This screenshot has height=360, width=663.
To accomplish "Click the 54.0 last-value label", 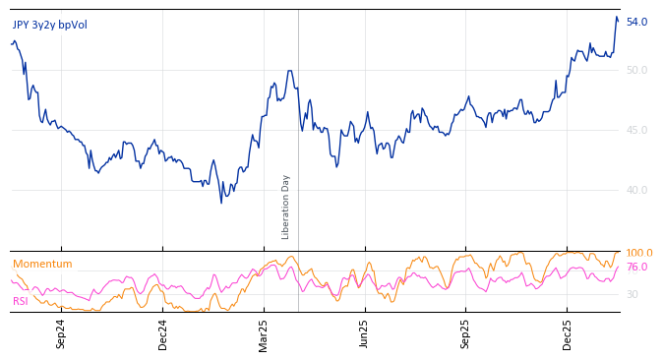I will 636,22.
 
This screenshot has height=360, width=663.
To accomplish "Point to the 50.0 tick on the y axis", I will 636,70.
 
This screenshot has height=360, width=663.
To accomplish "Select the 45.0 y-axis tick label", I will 636,130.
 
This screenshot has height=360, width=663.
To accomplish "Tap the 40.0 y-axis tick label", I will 636,190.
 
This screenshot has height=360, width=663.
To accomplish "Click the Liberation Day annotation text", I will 286,207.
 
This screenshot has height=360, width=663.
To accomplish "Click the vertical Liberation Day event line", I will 298,118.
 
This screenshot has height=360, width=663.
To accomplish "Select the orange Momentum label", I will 42,264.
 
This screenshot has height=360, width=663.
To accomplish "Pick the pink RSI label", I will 20,301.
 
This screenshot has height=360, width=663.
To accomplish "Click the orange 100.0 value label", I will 639,253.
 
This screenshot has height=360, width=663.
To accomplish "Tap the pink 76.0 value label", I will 636,267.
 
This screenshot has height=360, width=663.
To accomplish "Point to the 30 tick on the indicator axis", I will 633,294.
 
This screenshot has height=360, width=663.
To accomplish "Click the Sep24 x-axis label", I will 61,333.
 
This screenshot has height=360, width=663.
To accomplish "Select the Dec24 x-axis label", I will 163,333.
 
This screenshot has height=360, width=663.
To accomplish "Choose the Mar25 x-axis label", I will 264,333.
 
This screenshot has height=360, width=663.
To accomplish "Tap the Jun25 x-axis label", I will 365,333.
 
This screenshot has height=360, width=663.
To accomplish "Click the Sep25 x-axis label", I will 466,333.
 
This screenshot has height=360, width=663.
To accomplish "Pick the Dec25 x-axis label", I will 568,333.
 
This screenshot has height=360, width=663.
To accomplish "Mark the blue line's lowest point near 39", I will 221,202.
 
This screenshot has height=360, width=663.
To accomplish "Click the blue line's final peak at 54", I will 617,17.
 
